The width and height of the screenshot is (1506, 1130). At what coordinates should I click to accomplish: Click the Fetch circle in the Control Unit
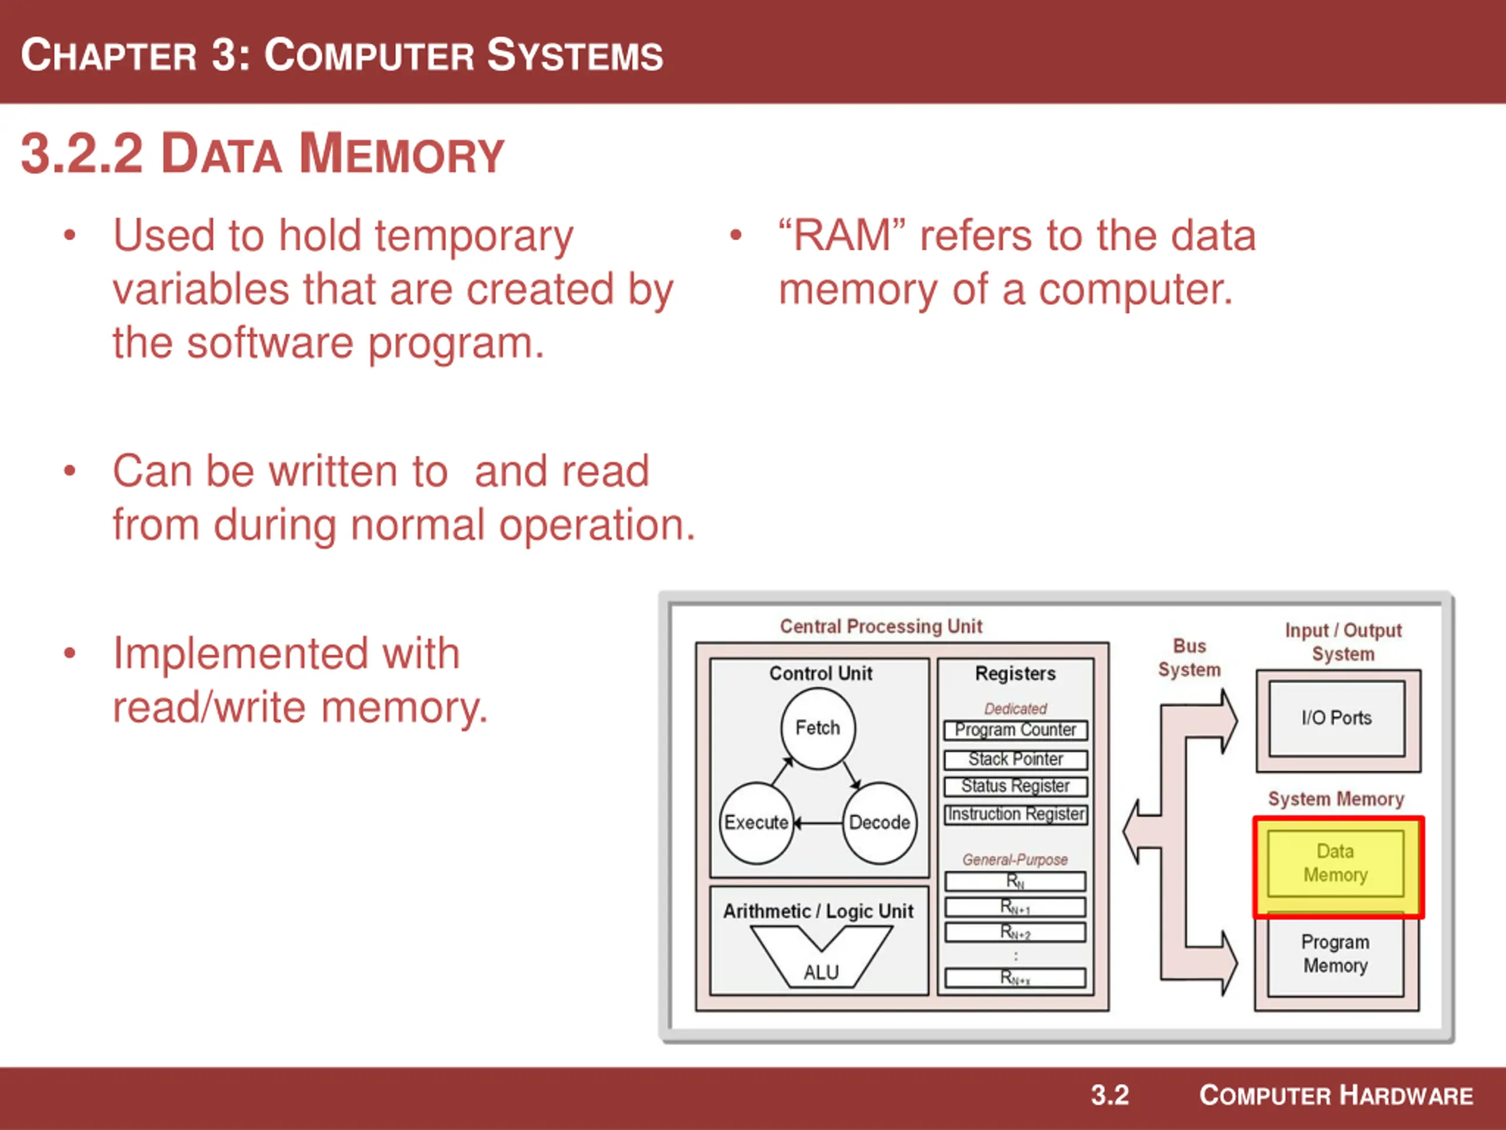pos(818,728)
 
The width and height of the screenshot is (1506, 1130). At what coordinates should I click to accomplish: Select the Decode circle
pos(879,823)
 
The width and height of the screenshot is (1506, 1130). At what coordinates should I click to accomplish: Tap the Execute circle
pos(756,823)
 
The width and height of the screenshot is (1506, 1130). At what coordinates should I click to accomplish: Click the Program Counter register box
pos(1015,730)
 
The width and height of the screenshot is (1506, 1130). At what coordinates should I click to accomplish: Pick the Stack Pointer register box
pos(1015,759)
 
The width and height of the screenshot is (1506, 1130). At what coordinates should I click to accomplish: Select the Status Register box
pos(1015,786)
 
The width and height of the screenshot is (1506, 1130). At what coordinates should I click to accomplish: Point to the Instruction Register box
pos(1015,814)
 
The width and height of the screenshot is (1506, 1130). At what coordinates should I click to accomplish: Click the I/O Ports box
pos(1337,718)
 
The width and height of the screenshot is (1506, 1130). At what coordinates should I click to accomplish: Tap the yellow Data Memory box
pos(1335,863)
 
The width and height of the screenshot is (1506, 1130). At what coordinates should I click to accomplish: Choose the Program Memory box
pos(1335,953)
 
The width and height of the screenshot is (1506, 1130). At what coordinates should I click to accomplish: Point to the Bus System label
pos(1190,657)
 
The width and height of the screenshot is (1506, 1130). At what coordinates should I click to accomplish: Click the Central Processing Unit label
pos(881,626)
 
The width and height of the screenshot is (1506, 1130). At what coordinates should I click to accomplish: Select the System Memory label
pos(1336,798)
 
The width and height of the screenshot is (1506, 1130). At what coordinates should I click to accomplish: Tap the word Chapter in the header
pos(109,56)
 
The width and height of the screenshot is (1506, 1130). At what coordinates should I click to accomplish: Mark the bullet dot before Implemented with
pos(69,654)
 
